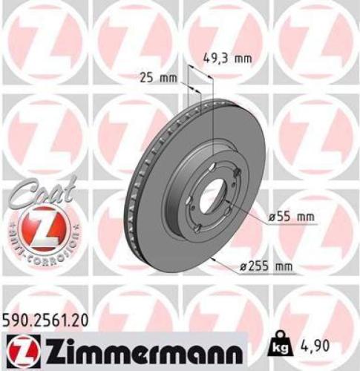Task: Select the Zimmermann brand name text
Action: coord(138,349)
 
